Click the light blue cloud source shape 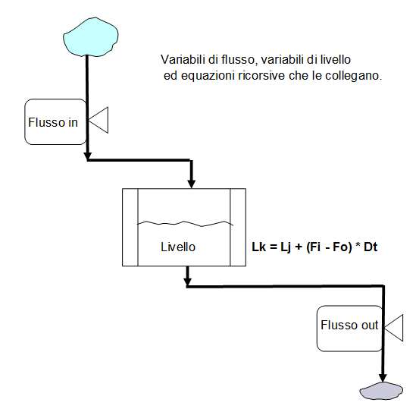91,37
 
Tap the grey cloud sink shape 381,391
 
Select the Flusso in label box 55,122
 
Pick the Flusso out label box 349,329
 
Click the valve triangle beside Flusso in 99,120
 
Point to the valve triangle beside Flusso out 394,328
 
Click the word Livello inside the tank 178,247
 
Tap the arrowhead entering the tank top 191,184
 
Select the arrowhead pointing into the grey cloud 383,378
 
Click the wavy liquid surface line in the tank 185,224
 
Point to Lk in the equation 258,247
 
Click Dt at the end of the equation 371,247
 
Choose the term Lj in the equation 286,247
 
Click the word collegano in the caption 353,76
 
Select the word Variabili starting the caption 183,59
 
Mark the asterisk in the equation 358,245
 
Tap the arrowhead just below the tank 188,282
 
